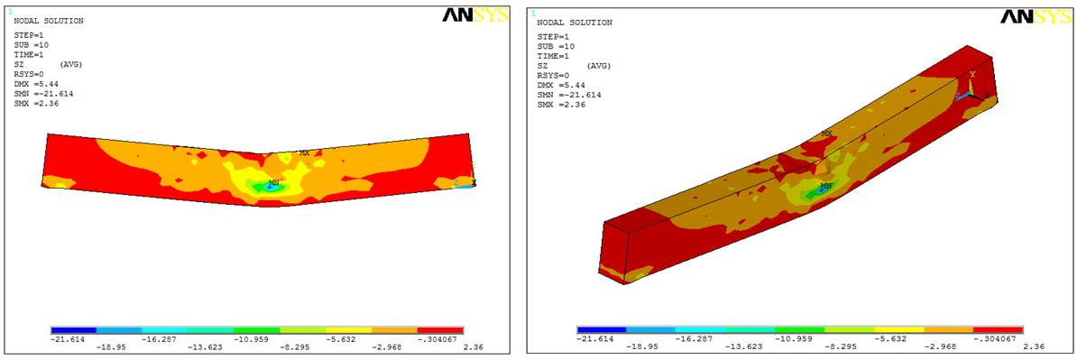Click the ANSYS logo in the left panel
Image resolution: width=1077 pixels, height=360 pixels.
(x=474, y=16)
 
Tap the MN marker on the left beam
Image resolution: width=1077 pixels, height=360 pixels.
(x=274, y=183)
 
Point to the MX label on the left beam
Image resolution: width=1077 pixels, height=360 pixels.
(x=304, y=153)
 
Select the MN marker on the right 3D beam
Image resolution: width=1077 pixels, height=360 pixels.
(x=826, y=186)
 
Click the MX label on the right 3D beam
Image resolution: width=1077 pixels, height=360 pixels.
(x=827, y=134)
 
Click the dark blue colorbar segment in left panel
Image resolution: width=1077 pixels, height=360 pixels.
(x=73, y=330)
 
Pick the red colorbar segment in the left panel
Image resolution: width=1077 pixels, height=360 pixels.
(x=441, y=330)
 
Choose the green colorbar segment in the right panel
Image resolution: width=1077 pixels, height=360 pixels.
(x=800, y=330)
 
